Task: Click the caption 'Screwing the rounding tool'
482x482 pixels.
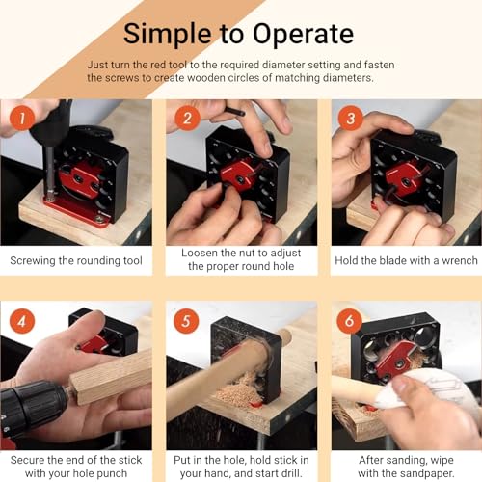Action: tap(76, 260)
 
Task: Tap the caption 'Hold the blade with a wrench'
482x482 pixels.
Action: tap(406, 260)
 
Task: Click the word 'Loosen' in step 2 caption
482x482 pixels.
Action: tap(204, 253)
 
